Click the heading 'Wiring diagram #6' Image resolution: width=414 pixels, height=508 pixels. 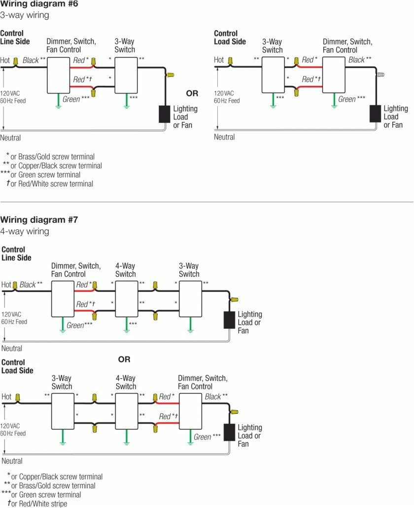click(39, 4)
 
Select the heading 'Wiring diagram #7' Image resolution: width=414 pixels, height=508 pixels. click(39, 219)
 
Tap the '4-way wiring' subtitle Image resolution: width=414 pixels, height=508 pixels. click(25, 231)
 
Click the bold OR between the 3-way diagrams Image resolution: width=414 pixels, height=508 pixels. click(192, 93)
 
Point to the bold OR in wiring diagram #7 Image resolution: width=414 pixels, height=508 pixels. click(124, 360)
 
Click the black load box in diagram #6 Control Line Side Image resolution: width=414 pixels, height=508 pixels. click(164, 114)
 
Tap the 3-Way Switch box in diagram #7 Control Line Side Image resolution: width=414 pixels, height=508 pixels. click(190, 299)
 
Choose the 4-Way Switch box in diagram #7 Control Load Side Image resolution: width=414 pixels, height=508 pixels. click(126, 411)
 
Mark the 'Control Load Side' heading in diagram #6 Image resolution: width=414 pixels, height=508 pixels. click(230, 37)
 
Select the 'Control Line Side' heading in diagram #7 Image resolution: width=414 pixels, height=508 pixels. click(16, 254)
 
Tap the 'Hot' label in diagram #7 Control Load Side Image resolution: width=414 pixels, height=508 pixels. click(6, 397)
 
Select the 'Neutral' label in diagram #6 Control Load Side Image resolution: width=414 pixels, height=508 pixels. click(224, 137)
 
